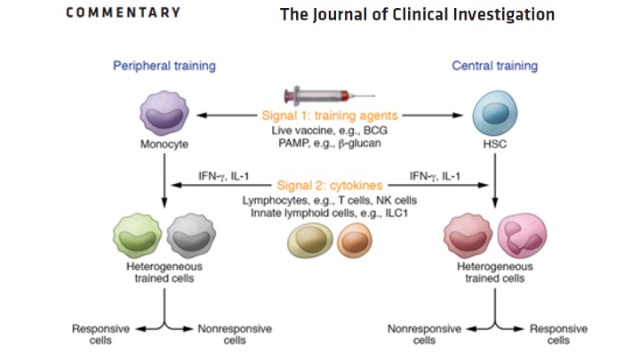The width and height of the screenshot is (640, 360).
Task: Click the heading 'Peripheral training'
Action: [x=164, y=66]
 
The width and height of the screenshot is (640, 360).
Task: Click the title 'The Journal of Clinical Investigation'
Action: [x=417, y=15]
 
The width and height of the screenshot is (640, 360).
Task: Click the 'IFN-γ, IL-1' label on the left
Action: [x=215, y=175]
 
